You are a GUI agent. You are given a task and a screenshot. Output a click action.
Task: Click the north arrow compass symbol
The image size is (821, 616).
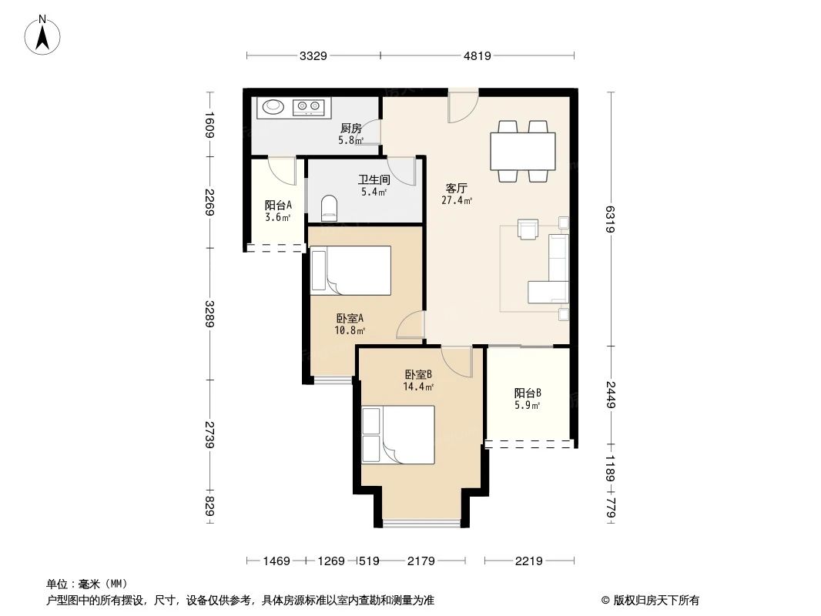click(x=44, y=34)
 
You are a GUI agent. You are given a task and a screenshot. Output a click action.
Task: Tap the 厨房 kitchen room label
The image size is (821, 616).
click(x=350, y=129)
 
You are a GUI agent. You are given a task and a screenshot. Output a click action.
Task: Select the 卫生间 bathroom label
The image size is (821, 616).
click(x=374, y=179)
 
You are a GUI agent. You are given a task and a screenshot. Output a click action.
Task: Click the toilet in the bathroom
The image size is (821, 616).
click(x=329, y=207)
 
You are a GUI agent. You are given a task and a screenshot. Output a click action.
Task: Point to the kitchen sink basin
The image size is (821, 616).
click(x=273, y=108)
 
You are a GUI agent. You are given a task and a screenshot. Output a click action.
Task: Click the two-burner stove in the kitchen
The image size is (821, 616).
click(x=310, y=108)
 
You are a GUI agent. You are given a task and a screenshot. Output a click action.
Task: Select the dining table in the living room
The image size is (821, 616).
click(x=522, y=152)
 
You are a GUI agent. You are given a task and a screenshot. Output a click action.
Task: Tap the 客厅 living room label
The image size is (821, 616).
click(x=457, y=188)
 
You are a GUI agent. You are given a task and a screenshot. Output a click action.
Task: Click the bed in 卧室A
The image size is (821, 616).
click(x=350, y=270)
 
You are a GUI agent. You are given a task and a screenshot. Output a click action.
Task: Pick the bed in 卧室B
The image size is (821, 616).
click(x=398, y=435)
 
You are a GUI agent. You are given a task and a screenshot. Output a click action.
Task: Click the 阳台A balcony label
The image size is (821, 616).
click(x=278, y=206)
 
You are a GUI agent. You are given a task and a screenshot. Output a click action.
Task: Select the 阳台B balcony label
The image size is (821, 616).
click(x=528, y=393)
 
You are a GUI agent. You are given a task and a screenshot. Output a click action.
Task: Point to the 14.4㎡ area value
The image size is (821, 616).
click(x=419, y=387)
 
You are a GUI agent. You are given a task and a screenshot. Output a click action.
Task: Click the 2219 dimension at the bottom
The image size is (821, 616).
click(x=528, y=561)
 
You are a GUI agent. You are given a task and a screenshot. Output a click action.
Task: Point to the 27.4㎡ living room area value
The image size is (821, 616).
click(x=457, y=200)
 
